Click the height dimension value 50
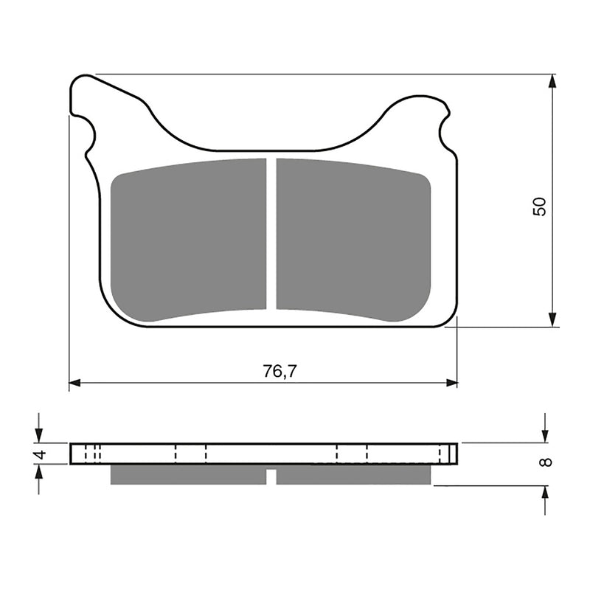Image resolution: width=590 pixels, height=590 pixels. pyautogui.click(x=541, y=206)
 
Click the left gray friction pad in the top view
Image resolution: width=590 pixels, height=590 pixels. pyautogui.click(x=188, y=240)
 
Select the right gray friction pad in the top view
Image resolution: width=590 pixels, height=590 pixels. pyautogui.click(x=353, y=240)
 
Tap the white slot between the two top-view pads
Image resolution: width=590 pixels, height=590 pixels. pyautogui.click(x=271, y=235)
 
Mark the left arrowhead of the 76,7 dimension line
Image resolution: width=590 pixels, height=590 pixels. pyautogui.click(x=74, y=383)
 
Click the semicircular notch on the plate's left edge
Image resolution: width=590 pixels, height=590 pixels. pyautogui.click(x=87, y=136)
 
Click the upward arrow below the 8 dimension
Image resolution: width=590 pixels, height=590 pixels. pyautogui.click(x=544, y=493)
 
